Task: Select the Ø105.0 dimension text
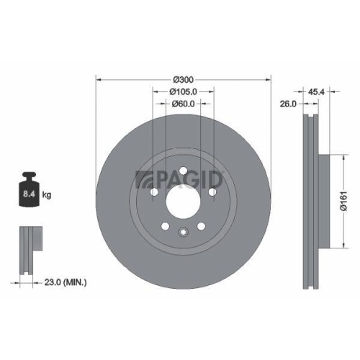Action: point(184,91)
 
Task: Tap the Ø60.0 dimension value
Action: point(184,104)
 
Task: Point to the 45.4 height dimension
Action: point(315,91)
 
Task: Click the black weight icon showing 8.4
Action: point(30,191)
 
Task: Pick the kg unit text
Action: point(47,195)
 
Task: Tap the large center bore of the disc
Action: point(184,203)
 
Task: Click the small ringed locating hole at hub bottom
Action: point(184,233)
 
